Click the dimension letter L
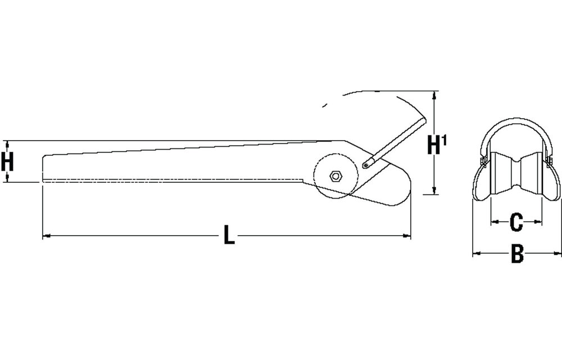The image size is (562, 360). pos(229,235)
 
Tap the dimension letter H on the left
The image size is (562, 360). pos(7,161)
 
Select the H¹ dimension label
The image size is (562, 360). pos(437,144)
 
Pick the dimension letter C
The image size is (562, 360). pos(516,222)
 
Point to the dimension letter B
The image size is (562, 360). pos(517,254)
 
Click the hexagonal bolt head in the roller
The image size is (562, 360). pos(336,176)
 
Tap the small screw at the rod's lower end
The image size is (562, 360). pos(366,165)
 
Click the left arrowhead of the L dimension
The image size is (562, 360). pos(47,236)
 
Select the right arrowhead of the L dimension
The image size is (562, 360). pos(406,236)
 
